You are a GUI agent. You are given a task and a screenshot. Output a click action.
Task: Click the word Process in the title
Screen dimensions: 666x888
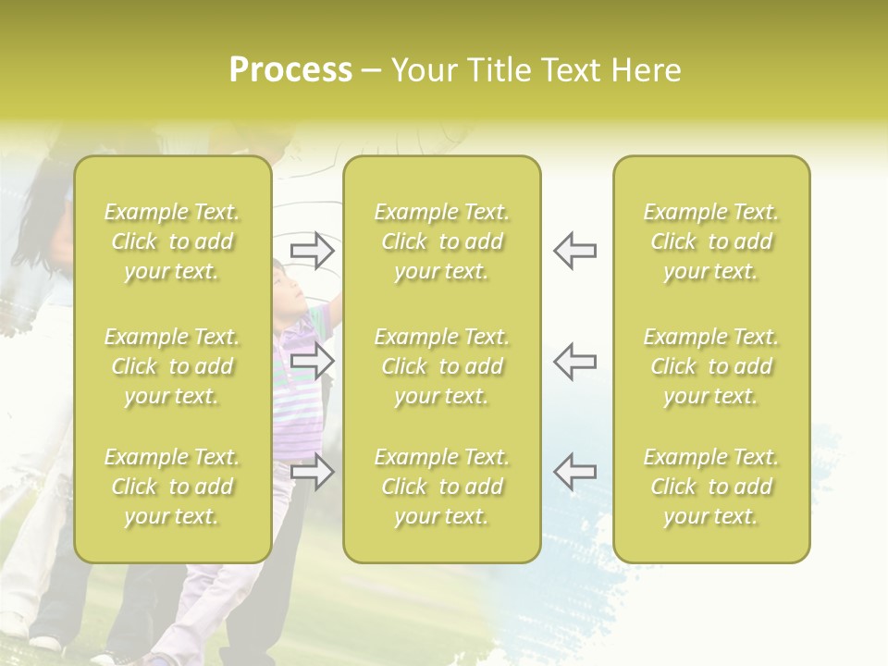click(x=290, y=70)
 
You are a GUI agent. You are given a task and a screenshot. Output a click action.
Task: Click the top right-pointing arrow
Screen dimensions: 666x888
click(x=312, y=251)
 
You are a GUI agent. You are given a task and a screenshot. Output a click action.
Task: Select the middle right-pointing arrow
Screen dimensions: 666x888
click(x=312, y=361)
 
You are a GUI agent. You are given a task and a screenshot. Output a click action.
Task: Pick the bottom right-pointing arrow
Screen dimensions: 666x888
click(x=312, y=471)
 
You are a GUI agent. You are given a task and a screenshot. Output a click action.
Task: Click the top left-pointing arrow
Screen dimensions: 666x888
click(x=574, y=251)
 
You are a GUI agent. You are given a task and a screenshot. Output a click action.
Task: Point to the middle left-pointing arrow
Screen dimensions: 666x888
click(x=574, y=361)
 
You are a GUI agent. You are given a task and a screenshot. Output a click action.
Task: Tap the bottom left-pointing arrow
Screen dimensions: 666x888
click(x=574, y=471)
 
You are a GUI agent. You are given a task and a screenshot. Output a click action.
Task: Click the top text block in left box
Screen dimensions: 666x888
click(x=172, y=241)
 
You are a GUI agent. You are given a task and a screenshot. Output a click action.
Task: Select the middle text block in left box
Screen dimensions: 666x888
click(x=172, y=366)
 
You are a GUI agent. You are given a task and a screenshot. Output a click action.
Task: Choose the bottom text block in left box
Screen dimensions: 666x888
click(x=172, y=487)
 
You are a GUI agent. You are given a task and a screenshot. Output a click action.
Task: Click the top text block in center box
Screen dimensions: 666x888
click(x=442, y=241)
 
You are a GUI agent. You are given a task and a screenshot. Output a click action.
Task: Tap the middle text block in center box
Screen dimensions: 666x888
click(x=442, y=366)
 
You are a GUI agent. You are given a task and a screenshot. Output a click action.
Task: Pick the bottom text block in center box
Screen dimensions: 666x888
click(x=442, y=487)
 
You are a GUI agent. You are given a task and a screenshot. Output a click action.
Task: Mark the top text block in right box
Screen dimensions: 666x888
click(x=711, y=241)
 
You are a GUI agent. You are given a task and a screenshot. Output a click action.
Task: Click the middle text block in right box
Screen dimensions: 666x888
click(x=711, y=366)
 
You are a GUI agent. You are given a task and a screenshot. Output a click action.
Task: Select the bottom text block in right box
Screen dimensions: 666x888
click(x=711, y=487)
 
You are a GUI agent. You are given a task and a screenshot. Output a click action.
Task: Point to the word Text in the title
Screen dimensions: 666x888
click(x=570, y=70)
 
